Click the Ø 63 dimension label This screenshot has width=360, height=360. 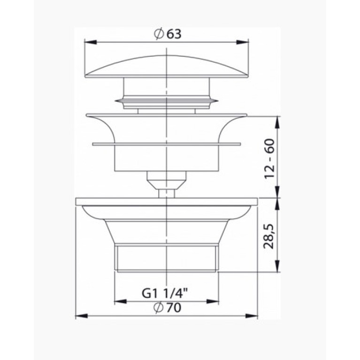168,34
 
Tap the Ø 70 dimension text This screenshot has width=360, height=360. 168,307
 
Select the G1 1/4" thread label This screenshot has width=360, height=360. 165,293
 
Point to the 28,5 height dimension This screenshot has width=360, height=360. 269,237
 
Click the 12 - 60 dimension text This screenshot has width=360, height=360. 269,159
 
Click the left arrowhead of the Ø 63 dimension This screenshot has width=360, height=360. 91,42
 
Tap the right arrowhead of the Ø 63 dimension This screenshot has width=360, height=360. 243,42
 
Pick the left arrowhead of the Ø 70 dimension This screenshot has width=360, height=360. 82,316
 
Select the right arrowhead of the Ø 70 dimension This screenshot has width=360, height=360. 252,316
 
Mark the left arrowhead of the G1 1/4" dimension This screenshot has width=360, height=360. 121,301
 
